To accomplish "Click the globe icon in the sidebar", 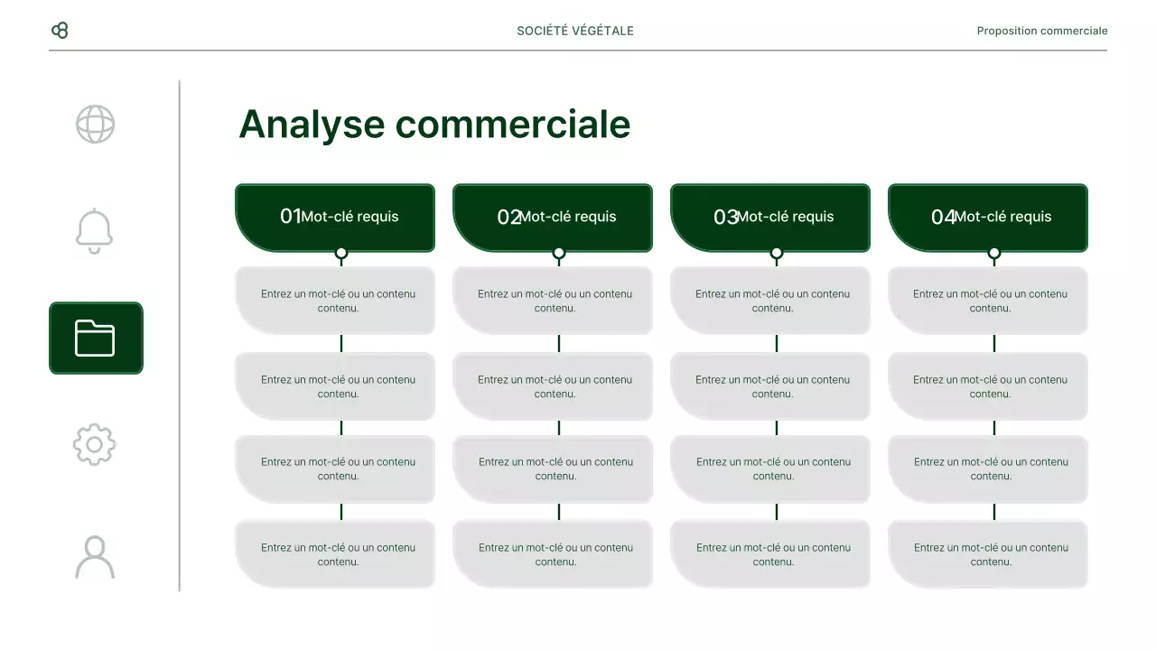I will pyautogui.click(x=95, y=125).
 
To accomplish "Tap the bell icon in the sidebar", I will pyautogui.click(x=95, y=231).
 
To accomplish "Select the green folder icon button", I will pyautogui.click(x=96, y=338).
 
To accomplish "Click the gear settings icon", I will pyautogui.click(x=95, y=444).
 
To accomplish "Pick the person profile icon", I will pyautogui.click(x=95, y=557).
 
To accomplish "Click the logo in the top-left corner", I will pyautogui.click(x=60, y=31).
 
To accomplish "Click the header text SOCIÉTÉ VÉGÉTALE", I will pyautogui.click(x=575, y=31).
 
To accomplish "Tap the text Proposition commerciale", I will pyautogui.click(x=1041, y=31).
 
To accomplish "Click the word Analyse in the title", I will pyautogui.click(x=312, y=125).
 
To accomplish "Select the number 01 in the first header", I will pyautogui.click(x=290, y=217).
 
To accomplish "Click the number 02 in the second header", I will pyautogui.click(x=508, y=217).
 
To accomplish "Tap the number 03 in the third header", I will pyautogui.click(x=725, y=217).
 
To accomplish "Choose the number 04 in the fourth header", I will pyautogui.click(x=943, y=217).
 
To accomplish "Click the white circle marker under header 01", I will pyautogui.click(x=341, y=254).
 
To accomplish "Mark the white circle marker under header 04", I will pyautogui.click(x=994, y=254).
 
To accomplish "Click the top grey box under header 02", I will pyautogui.click(x=553, y=301).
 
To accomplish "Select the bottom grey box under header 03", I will pyautogui.click(x=770, y=554).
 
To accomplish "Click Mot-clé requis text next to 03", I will pyautogui.click(x=786, y=217).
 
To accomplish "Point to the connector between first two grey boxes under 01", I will pyautogui.click(x=341, y=343).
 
